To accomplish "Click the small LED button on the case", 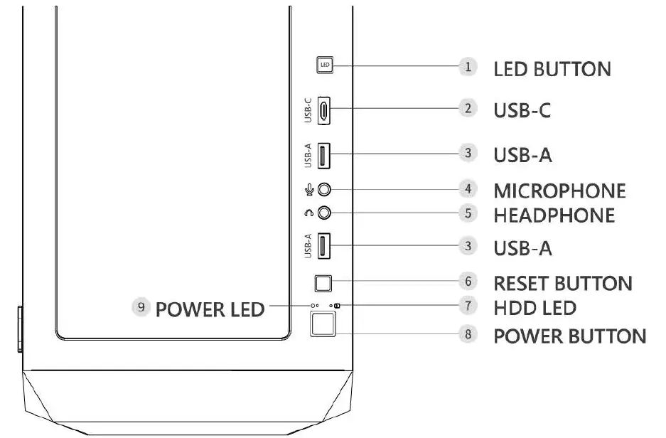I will point(325,65).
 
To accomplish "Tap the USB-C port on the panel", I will point(324,109).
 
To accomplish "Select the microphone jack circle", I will point(325,190).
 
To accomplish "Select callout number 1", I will point(467,67).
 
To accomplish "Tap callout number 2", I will point(467,109).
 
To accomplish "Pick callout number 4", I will point(467,190).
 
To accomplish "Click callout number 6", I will point(467,282).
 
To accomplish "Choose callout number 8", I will point(467,335).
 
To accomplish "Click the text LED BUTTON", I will point(552,69).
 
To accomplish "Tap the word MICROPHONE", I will point(559,191).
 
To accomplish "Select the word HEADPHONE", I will point(554,214).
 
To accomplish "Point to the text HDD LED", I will point(535,308).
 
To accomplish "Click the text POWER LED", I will point(210,309).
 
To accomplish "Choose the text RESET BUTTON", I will point(562,283).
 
